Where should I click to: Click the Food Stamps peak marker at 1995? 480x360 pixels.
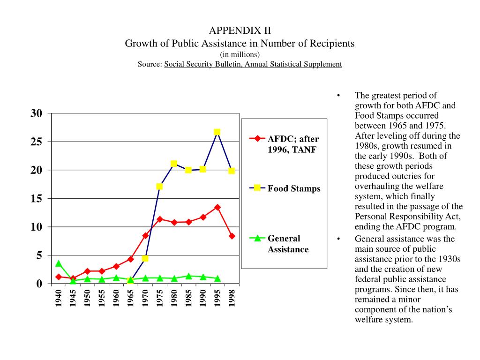tap(217, 132)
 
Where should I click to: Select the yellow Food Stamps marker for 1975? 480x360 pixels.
tap(159, 187)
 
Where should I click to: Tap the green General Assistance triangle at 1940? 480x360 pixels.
tap(59, 264)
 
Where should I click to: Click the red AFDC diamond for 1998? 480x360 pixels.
tap(232, 236)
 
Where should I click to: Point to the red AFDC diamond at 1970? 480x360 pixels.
tap(145, 236)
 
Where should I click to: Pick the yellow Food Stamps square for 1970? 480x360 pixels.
tap(145, 258)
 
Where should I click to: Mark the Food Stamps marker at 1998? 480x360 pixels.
tap(232, 171)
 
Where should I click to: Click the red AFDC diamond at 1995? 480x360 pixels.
tap(217, 207)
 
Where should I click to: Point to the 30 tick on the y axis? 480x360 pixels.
tap(37, 113)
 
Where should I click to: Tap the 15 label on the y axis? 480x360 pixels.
tap(37, 199)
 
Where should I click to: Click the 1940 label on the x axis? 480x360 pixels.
tap(59, 298)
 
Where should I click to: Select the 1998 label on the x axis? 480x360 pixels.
tap(232, 298)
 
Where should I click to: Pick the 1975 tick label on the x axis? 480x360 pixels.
tap(160, 298)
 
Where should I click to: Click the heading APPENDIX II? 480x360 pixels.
tap(240, 31)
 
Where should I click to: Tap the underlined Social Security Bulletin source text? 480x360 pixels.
tap(253, 64)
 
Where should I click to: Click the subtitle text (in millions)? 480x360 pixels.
tap(240, 54)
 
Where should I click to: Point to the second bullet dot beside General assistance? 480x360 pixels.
tap(338, 239)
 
